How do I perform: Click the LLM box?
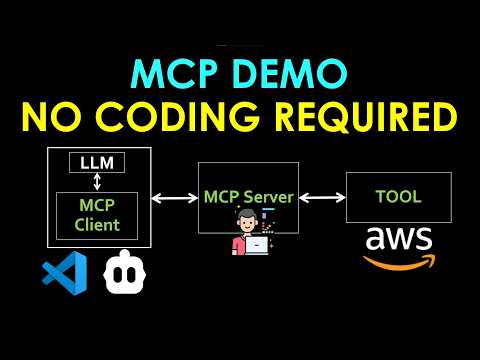point(97,162)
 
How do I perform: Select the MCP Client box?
point(98,214)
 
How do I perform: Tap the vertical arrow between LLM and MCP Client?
point(98,182)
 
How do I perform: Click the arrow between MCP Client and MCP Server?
point(174,198)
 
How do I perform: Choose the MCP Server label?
point(248,197)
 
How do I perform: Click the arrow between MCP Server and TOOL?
point(322,198)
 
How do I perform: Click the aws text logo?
point(398,240)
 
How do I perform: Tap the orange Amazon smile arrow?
point(399,262)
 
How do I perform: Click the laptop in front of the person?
point(257,243)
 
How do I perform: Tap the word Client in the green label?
point(98,224)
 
